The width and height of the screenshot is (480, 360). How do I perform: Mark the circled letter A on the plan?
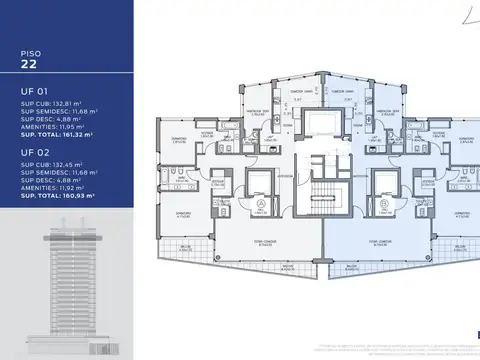[x=261, y=208]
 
